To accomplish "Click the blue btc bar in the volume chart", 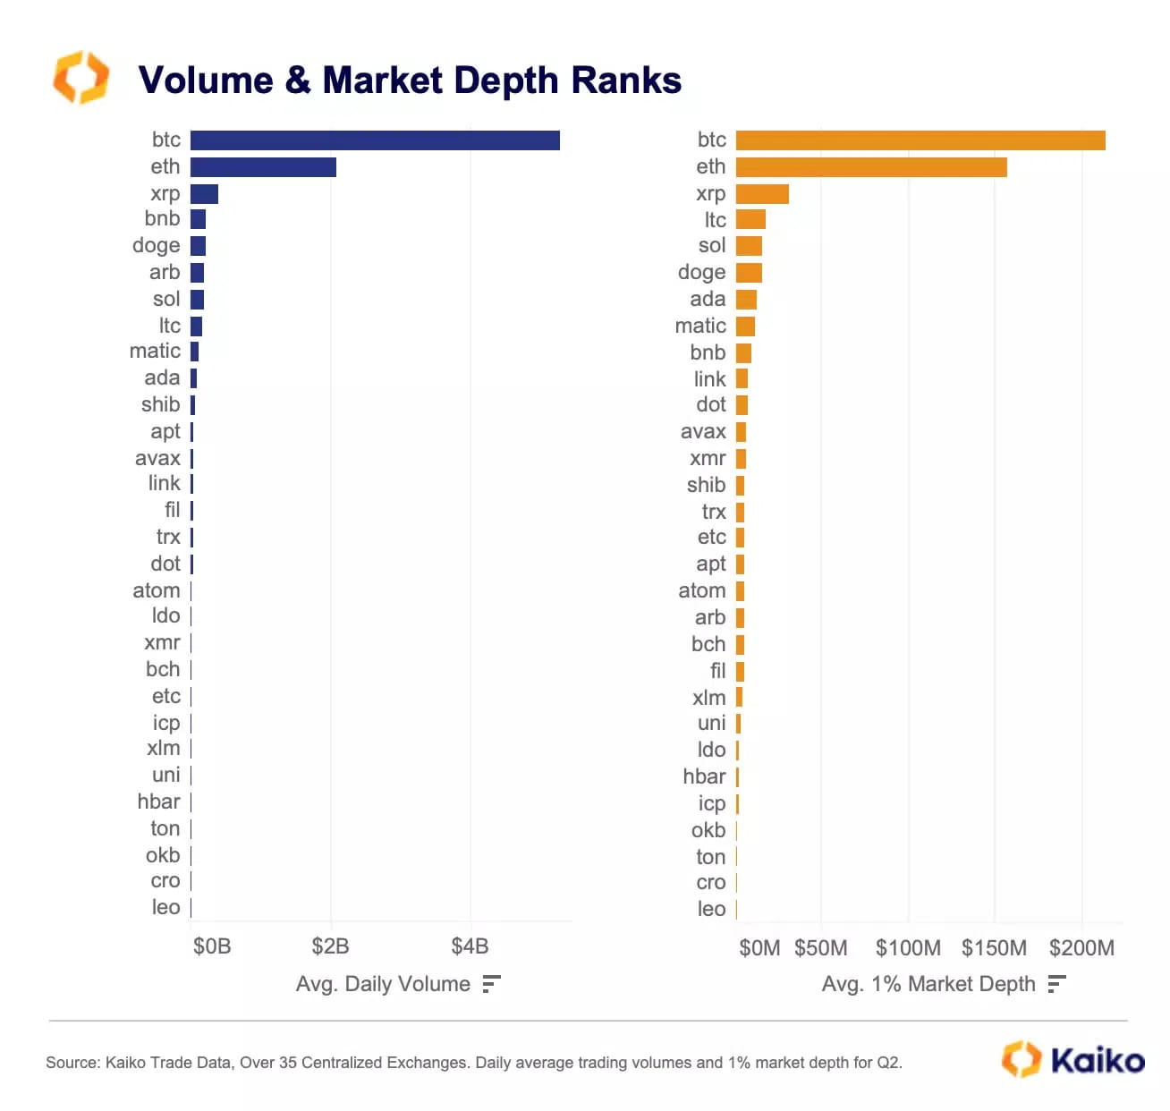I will point(375,140).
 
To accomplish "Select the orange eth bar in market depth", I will point(870,167).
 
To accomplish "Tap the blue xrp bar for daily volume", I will point(204,194).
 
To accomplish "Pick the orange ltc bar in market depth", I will point(750,219).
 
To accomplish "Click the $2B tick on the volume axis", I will point(330,946).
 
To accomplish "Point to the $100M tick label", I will point(908,948).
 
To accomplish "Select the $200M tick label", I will point(1081,948).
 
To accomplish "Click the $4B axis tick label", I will point(470,946).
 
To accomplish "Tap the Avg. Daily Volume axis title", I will point(383,984).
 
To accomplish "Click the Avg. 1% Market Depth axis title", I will point(928,984).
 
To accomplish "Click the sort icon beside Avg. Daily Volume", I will point(491,984).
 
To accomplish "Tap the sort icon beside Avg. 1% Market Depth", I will point(1056,984).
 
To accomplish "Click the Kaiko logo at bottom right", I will point(1072,1060).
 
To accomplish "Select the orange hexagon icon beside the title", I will point(81,78).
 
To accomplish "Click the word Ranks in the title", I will point(626,81).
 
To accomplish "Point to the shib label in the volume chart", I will point(160,404).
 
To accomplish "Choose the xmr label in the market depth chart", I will point(708,458).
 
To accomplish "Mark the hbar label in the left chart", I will point(158,801).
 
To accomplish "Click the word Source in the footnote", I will point(72,1063).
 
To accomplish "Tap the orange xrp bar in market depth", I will point(762,194).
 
